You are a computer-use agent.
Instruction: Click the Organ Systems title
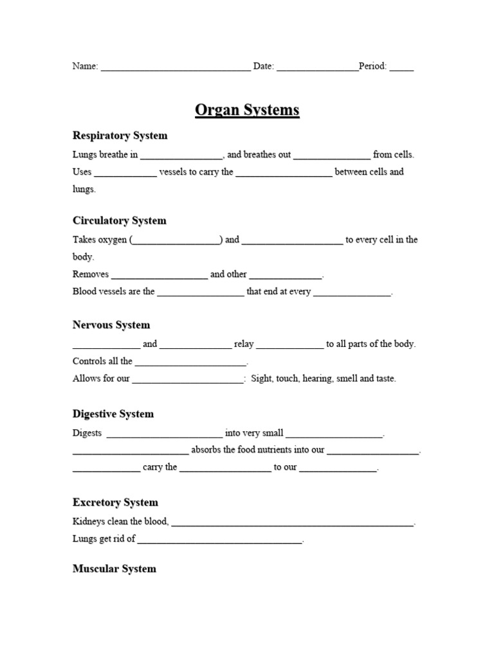pos(247,111)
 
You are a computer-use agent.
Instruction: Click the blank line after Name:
pos(176,67)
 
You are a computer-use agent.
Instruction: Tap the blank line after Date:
pos(317,67)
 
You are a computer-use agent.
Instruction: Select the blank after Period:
pos(401,67)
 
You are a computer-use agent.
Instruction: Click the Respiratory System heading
pos(120,136)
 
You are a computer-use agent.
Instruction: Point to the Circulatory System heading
pos(119,220)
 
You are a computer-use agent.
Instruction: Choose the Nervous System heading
pos(111,325)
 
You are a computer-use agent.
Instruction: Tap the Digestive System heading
pos(113,414)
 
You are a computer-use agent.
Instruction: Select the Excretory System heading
pos(115,502)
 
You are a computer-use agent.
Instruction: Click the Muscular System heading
pos(114,569)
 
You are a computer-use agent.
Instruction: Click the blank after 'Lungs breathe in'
pos(181,156)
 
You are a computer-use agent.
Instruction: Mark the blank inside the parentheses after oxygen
pos(176,241)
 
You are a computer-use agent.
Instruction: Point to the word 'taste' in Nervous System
pos(384,378)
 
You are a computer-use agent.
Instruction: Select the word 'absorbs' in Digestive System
pos(207,450)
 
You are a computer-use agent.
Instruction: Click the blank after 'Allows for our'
pos(188,380)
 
